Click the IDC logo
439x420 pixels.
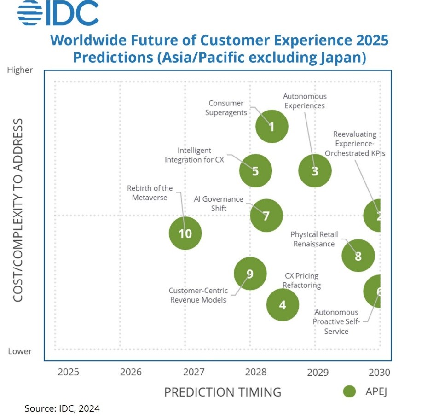point(58,14)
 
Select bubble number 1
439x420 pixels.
point(271,127)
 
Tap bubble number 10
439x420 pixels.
point(185,233)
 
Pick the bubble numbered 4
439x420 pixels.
point(283,304)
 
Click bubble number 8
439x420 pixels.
point(358,256)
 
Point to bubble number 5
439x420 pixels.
point(255,171)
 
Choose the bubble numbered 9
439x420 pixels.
point(250,274)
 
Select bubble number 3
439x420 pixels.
point(315,171)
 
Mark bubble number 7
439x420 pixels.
point(266,215)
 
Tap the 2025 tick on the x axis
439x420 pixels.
point(68,372)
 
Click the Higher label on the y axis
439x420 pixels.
point(20,70)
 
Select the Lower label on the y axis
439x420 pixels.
point(20,351)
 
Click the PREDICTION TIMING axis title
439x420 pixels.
point(222,392)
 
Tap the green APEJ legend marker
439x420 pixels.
point(350,391)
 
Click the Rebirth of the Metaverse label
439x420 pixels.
point(150,193)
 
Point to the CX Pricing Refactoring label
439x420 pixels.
point(301,280)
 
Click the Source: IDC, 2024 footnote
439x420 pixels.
point(62,408)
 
